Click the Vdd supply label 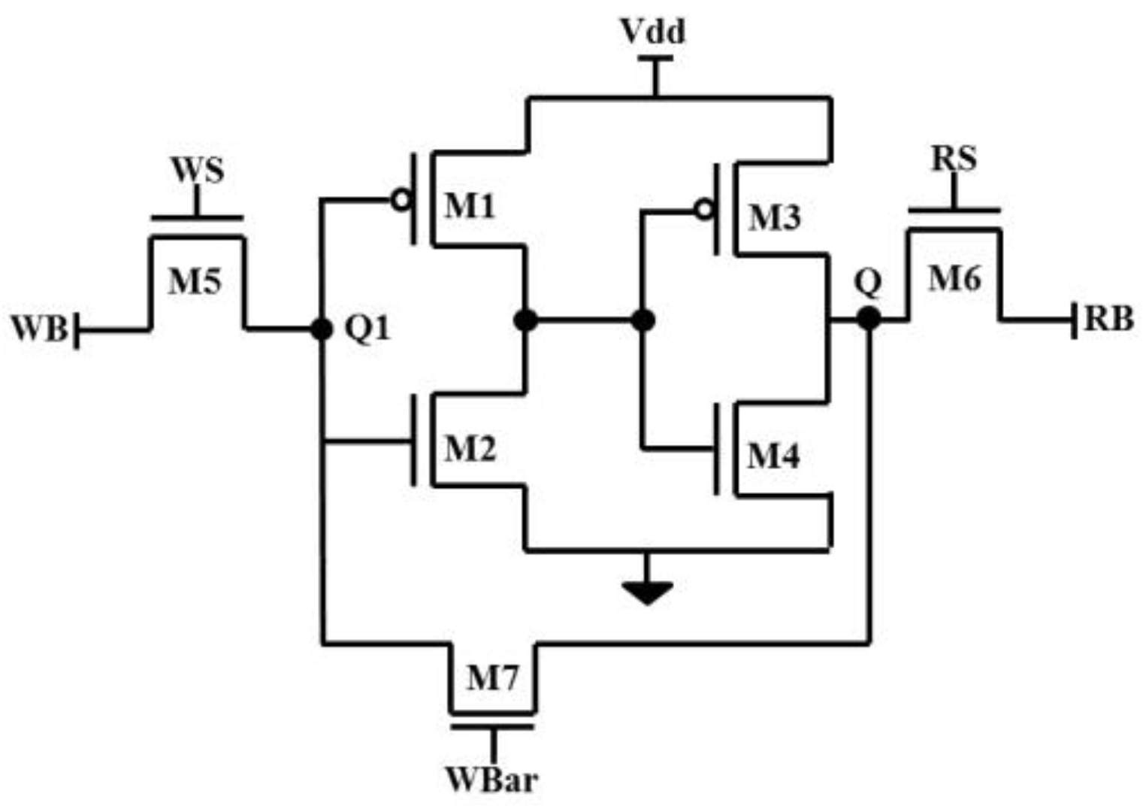click(x=652, y=32)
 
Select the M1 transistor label click(x=470, y=205)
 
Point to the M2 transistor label click(x=470, y=449)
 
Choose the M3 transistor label click(x=774, y=217)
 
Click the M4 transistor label click(x=773, y=456)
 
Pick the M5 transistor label click(x=195, y=282)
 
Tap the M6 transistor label click(x=954, y=279)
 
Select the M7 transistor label click(x=492, y=678)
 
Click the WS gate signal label click(x=198, y=170)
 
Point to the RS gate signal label click(x=954, y=159)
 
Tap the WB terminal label click(x=39, y=329)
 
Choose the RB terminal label click(x=1108, y=320)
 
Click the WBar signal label click(x=492, y=780)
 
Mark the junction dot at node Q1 click(x=322, y=329)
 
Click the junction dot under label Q click(x=869, y=318)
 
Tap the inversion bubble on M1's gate click(x=401, y=200)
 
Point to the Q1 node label click(x=367, y=329)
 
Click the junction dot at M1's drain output click(x=525, y=320)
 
